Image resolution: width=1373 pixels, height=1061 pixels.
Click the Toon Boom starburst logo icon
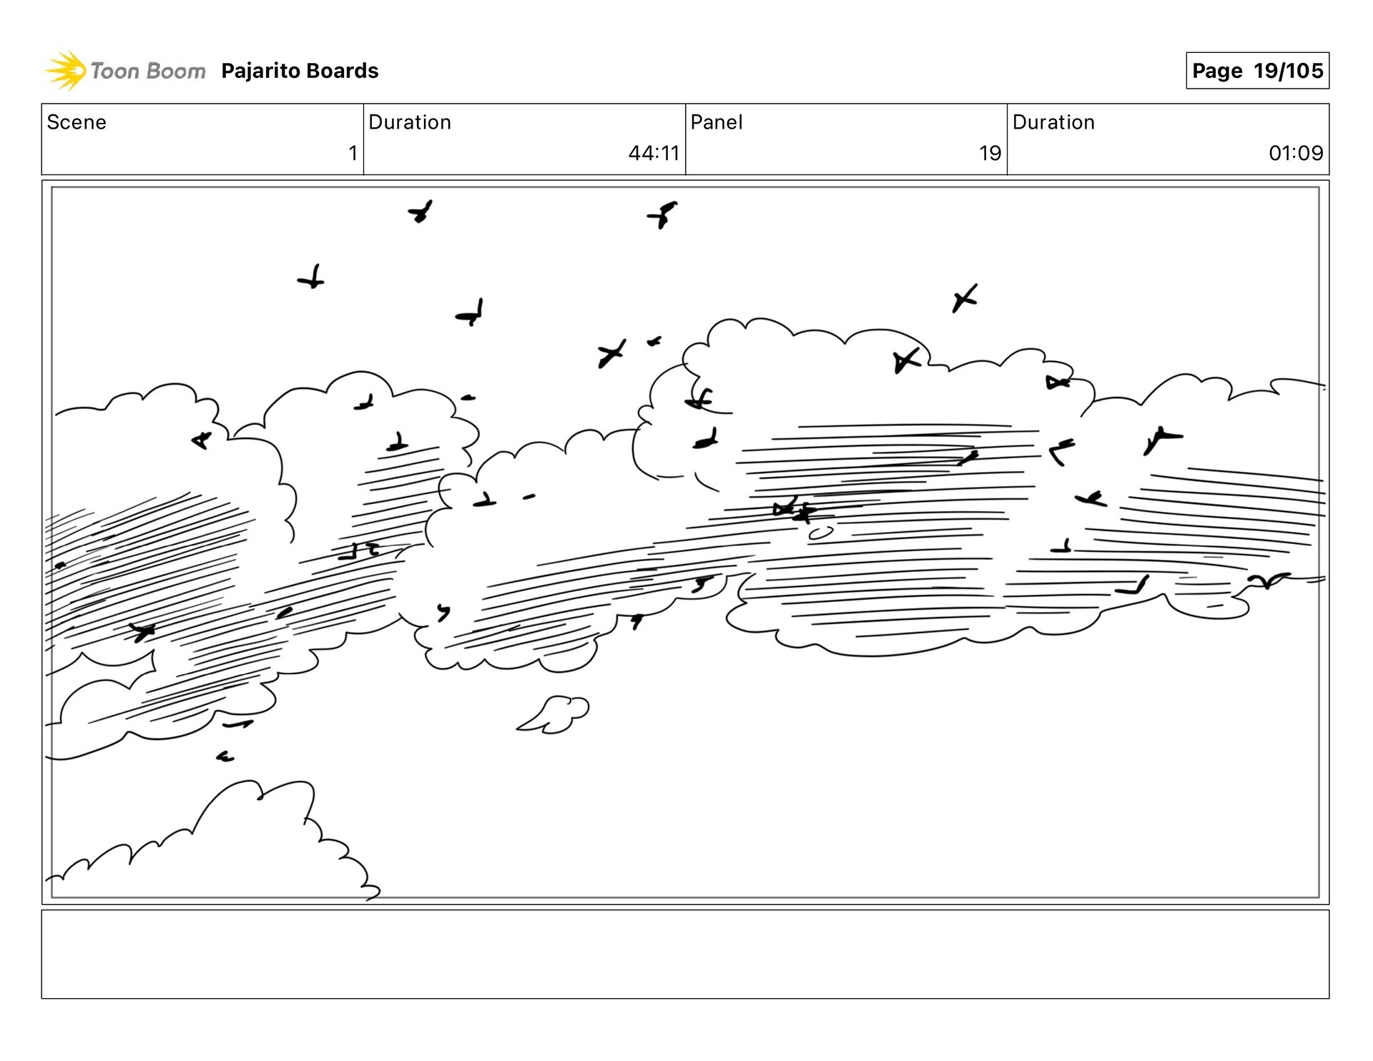point(64,71)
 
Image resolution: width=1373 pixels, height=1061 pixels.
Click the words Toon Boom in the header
point(147,71)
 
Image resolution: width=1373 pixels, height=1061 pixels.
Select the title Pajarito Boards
point(300,71)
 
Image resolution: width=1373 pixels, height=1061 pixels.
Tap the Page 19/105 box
point(1256,71)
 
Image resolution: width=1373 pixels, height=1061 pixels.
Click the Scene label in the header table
point(77,122)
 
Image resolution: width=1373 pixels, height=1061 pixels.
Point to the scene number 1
point(353,153)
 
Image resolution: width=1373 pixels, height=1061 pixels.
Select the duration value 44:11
point(653,153)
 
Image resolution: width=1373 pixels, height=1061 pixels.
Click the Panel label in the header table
point(716,122)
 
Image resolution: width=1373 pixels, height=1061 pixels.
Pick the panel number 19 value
point(990,153)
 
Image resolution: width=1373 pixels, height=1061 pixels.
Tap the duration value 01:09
point(1295,153)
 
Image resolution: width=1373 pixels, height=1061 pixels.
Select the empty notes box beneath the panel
point(685,954)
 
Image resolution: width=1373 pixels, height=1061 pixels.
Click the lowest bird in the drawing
point(225,756)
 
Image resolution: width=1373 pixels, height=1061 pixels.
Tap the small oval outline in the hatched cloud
point(820,533)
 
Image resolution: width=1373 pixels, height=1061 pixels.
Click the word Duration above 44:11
point(409,122)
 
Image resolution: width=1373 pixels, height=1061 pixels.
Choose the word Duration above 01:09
point(1053,122)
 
